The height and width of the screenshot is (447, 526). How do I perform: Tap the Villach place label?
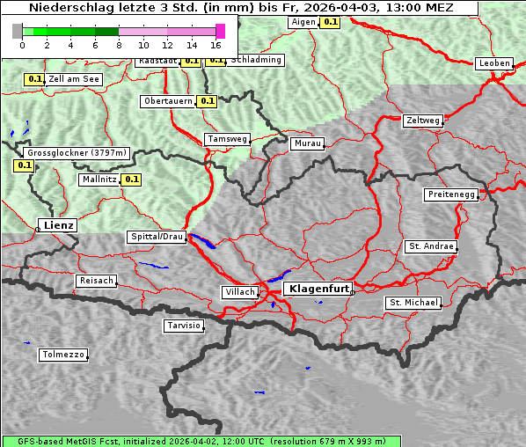(x=238, y=292)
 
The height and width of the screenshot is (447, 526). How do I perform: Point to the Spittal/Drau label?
(x=157, y=237)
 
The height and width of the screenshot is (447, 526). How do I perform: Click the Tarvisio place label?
(x=184, y=326)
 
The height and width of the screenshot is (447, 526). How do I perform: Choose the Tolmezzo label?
(x=63, y=355)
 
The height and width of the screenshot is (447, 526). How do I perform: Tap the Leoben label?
(x=493, y=63)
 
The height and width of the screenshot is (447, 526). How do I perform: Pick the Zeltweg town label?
(x=422, y=121)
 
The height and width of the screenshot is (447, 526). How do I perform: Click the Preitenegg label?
(x=451, y=194)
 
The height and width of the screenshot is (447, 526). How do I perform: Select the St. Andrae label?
(x=430, y=246)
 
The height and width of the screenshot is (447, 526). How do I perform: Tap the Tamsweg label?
(x=228, y=139)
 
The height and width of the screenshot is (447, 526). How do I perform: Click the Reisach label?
(x=96, y=281)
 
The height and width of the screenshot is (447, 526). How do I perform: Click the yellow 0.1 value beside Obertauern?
(x=208, y=101)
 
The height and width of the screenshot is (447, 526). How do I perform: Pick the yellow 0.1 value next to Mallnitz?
(x=132, y=180)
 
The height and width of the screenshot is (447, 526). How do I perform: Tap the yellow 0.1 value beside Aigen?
(x=330, y=22)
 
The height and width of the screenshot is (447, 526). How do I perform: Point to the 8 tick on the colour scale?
(x=119, y=44)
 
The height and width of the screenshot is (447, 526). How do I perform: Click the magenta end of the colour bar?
(x=220, y=31)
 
